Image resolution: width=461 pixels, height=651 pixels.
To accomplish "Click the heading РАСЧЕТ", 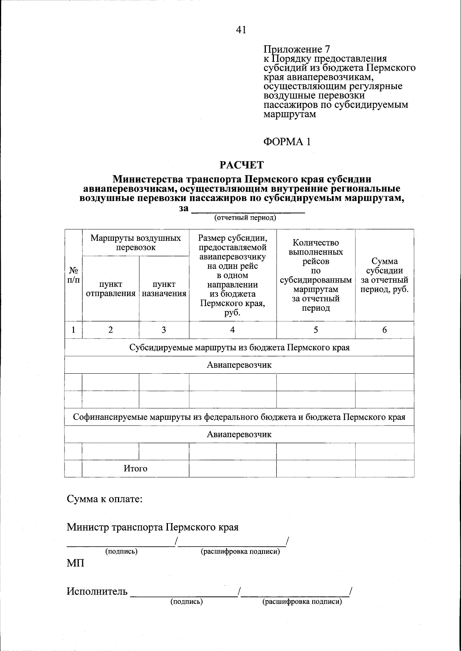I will [242, 165].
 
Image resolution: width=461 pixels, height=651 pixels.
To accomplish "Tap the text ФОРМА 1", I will [287, 142].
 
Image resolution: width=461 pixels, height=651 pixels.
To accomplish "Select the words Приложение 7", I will [296, 50].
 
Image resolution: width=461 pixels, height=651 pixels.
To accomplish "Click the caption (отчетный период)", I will [245, 218].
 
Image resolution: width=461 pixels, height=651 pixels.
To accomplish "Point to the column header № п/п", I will [73, 275].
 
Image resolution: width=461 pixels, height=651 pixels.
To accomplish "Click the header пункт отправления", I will [111, 289].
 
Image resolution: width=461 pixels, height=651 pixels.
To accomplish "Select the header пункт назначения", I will [164, 289].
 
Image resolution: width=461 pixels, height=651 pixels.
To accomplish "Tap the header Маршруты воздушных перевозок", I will [136, 243].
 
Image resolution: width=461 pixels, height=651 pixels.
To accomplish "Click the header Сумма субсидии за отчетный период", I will [385, 275].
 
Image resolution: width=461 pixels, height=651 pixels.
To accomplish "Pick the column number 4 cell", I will [232, 330].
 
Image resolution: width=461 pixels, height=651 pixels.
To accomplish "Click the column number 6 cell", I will [385, 330].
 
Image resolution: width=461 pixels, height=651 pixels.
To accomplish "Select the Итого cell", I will [135, 469].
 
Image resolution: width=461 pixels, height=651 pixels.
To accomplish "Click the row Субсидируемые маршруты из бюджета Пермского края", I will [239, 348].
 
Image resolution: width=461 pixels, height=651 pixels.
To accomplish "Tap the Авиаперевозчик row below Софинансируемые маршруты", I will [239, 434].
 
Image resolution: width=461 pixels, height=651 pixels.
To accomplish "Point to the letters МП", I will [75, 563].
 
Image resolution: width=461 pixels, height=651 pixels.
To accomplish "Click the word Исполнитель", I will [97, 591].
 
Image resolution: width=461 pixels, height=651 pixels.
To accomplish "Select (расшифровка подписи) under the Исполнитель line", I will [302, 602].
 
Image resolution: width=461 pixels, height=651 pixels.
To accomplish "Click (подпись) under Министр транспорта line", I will [121, 552].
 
